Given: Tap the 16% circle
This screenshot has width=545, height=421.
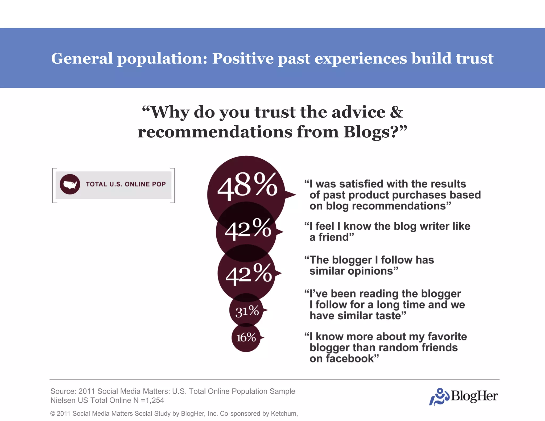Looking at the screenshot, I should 246,337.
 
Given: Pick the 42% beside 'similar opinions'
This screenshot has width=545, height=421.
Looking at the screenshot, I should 249,274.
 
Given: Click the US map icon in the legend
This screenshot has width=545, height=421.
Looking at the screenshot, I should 70,184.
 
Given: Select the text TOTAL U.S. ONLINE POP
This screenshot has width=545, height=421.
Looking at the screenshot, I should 126,184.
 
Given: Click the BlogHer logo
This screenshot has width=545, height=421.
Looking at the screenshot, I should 464,396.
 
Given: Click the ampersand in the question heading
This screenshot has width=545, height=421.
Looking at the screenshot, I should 397,112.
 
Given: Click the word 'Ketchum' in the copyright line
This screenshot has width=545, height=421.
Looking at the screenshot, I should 283,414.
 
